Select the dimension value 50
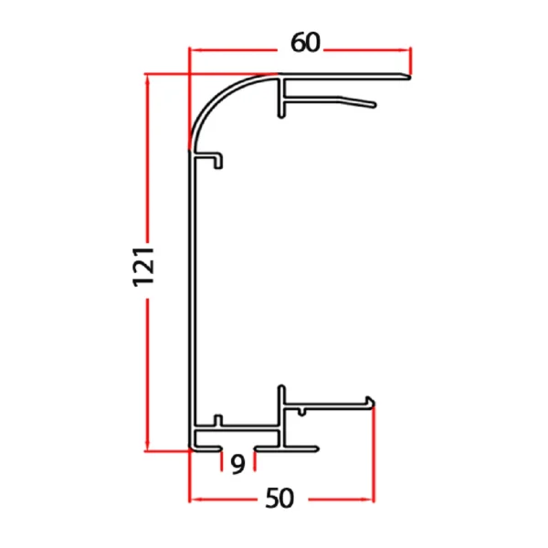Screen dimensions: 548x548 (x=279, y=499)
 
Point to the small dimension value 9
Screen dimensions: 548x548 (x=237, y=466)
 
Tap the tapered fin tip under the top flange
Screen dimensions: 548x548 (x=369, y=103)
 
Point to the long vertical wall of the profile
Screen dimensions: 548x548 (x=192, y=292)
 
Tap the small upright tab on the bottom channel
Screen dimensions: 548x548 (x=217, y=420)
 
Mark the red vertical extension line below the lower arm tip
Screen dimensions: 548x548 (x=374, y=457)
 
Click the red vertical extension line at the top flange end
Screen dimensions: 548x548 (x=410, y=62)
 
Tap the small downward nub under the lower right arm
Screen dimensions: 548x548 (x=300, y=413)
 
